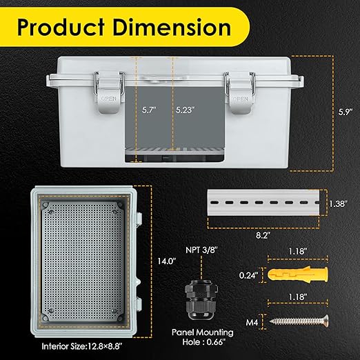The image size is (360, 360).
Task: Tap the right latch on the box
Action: pos(239,90)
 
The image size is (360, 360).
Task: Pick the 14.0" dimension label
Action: pos(163,261)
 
